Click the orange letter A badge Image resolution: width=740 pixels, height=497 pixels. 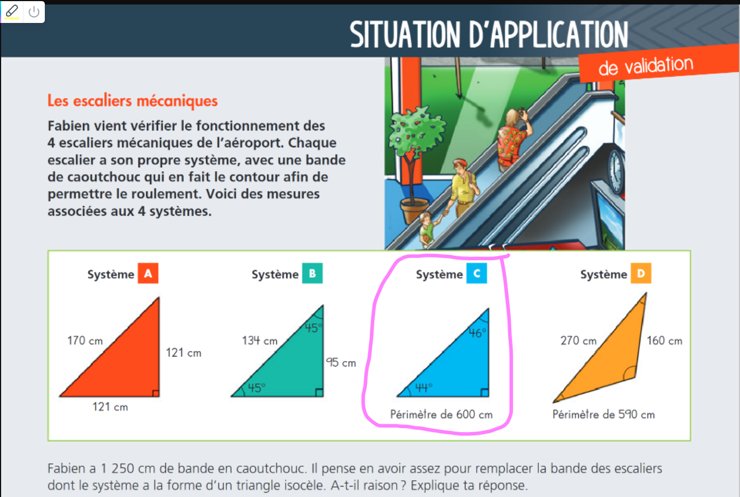[x=148, y=273]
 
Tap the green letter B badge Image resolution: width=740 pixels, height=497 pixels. [x=312, y=273]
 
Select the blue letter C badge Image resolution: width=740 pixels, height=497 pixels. [x=476, y=273]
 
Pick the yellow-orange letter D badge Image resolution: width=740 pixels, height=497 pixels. [x=641, y=273]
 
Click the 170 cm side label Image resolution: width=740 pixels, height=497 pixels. [x=85, y=340]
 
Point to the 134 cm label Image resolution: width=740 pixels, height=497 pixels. [x=260, y=340]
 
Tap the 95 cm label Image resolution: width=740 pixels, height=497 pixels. [x=341, y=363]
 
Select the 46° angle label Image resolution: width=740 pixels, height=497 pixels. [x=478, y=333]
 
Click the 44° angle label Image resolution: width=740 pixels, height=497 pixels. [x=424, y=387]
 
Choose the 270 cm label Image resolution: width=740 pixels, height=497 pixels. [x=579, y=340]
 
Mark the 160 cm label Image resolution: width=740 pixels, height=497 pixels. [x=664, y=340]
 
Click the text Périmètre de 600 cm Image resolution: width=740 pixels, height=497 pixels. [x=441, y=414]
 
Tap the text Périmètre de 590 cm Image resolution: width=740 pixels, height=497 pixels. [x=603, y=414]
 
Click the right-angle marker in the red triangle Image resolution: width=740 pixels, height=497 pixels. [x=156, y=393]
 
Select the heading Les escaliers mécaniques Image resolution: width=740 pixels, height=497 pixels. [x=132, y=100]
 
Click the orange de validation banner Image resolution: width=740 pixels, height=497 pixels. [x=659, y=64]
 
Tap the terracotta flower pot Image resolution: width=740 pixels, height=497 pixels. [x=415, y=210]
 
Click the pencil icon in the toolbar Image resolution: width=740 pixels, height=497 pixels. [x=12, y=11]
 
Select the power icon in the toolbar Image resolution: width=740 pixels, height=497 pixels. [x=34, y=12]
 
